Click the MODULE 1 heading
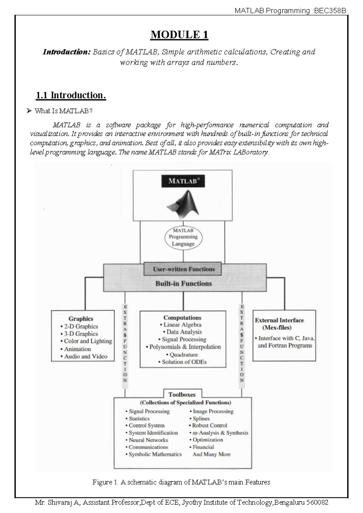(x=179, y=35)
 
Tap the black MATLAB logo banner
(x=182, y=181)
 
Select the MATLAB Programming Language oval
(x=183, y=237)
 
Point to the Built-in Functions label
(x=183, y=283)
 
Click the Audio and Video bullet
(x=86, y=356)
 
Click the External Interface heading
(x=279, y=320)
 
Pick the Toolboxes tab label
(x=182, y=394)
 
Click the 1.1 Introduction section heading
(x=71, y=95)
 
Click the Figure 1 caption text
(x=181, y=482)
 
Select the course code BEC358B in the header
(x=330, y=11)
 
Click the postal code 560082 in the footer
(x=317, y=503)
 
